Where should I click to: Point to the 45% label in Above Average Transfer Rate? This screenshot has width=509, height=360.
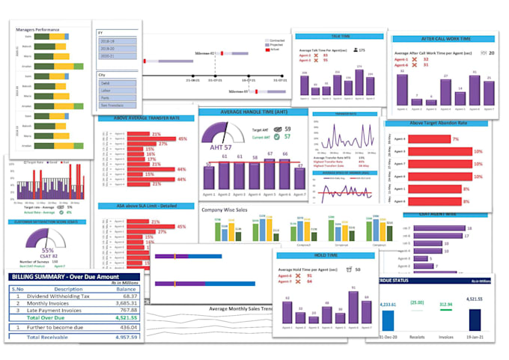tap(182, 139)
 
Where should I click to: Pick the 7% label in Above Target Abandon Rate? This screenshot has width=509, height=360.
tap(455, 139)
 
